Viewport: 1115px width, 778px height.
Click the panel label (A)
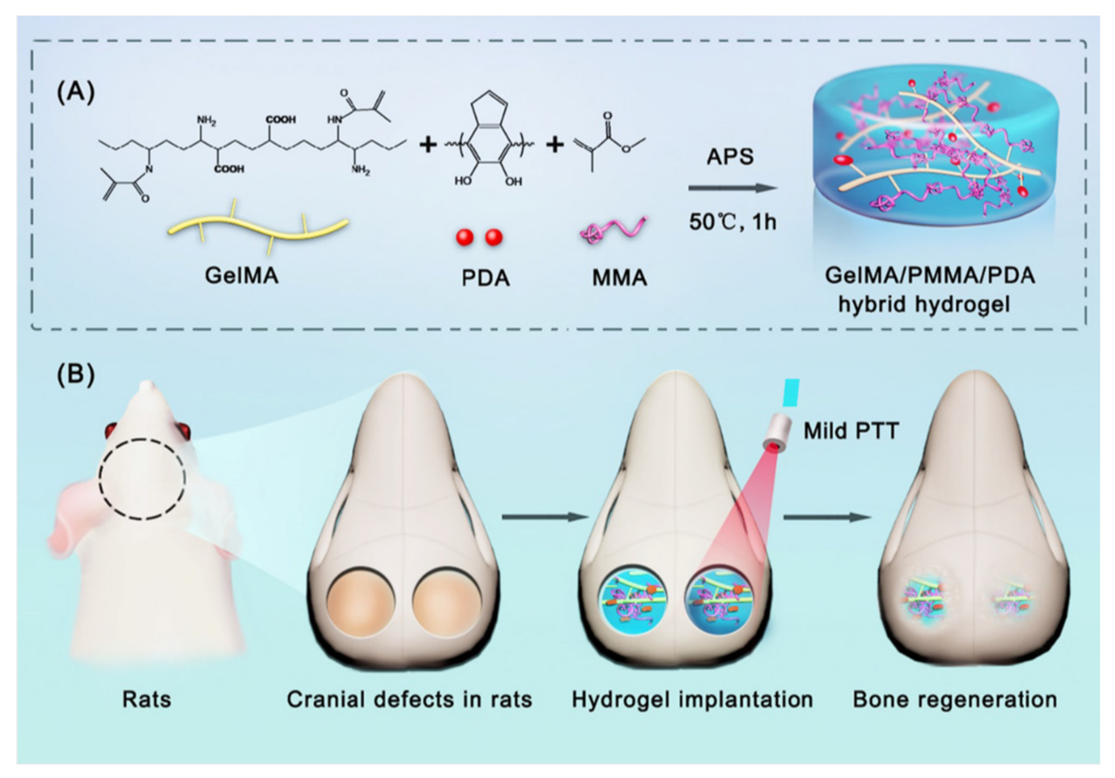[76, 94]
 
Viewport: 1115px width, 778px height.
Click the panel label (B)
[76, 376]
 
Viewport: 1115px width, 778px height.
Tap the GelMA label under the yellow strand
[242, 276]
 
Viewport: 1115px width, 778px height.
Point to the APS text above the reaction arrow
[730, 157]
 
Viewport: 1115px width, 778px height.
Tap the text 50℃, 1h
[732, 222]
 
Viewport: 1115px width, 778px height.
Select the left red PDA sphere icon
[465, 238]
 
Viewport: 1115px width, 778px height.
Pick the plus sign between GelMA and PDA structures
[428, 144]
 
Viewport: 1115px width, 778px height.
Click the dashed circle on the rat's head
[142, 479]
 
